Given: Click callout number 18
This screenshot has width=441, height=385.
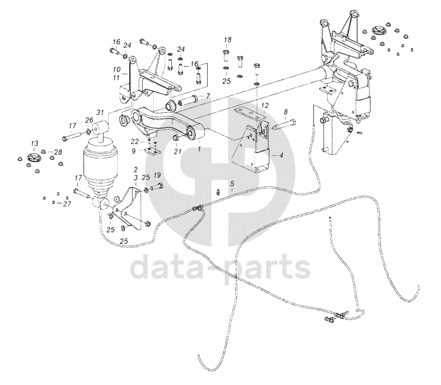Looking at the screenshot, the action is tap(227, 40).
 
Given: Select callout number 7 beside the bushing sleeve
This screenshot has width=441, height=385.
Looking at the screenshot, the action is tap(208, 96).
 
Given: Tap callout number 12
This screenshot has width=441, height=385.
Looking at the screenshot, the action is tap(265, 106).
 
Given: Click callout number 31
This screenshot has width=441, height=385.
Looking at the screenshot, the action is tap(100, 112).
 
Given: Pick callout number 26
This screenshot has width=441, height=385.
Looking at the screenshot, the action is tap(89, 120).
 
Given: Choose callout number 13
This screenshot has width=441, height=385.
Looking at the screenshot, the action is tap(34, 144).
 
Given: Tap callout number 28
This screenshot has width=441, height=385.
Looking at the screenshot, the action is tap(58, 153).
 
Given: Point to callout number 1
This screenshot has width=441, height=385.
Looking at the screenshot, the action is tap(199, 149).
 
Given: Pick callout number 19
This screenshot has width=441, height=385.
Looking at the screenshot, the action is tap(157, 175).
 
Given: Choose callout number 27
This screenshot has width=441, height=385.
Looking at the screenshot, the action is tap(67, 203).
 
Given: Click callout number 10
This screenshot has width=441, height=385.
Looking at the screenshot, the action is tap(116, 69).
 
